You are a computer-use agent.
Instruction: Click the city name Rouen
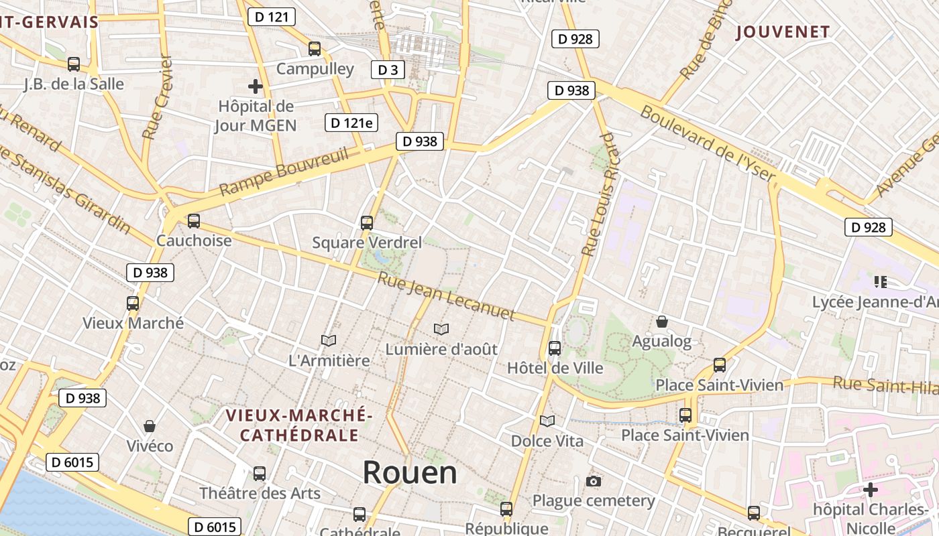point(410,473)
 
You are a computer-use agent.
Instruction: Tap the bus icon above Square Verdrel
point(366,222)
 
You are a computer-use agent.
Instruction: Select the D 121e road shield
point(351,123)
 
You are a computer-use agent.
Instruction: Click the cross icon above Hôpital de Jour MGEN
point(255,86)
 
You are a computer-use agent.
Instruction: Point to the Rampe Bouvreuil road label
point(284,173)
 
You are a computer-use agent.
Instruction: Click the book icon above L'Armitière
point(329,340)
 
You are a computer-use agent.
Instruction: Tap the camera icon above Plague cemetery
point(593,481)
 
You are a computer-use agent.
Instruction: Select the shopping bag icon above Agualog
point(662,322)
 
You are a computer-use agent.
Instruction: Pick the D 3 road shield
point(388,70)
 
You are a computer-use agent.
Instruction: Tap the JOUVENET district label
point(783,31)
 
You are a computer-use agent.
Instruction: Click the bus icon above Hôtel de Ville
point(554,348)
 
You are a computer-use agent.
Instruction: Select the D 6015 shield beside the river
point(72,462)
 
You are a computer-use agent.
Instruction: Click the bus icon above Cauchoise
point(194,220)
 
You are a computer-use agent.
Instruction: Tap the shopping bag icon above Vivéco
point(150,426)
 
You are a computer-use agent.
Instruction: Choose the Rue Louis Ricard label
point(598,194)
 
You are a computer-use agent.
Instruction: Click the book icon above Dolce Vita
point(547,421)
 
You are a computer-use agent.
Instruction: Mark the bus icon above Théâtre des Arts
point(260,473)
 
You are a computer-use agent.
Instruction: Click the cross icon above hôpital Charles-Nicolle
point(870,490)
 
